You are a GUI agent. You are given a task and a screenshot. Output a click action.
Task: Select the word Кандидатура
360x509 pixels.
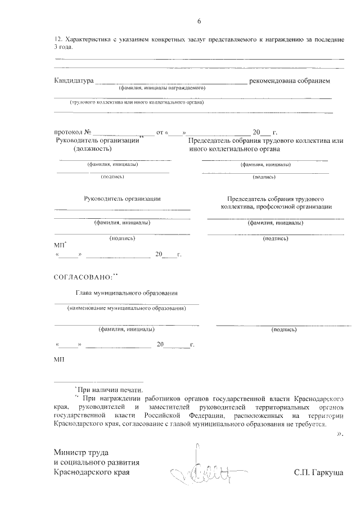coord(74,81)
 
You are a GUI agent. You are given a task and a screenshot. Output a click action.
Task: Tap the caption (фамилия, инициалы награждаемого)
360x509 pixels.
coord(161,88)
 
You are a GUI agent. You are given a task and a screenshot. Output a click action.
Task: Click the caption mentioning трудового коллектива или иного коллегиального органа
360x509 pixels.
coord(136,102)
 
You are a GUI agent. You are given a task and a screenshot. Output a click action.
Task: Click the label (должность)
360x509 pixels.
coord(93,149)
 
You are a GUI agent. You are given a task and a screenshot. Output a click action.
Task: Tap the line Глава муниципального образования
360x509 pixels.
coord(127,292)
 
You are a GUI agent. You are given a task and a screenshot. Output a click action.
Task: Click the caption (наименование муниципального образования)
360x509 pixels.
coord(127,309)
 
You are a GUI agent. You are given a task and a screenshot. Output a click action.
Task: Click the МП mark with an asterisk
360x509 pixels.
coord(60,245)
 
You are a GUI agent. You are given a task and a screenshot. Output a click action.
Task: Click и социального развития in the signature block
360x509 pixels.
coord(96,462)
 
